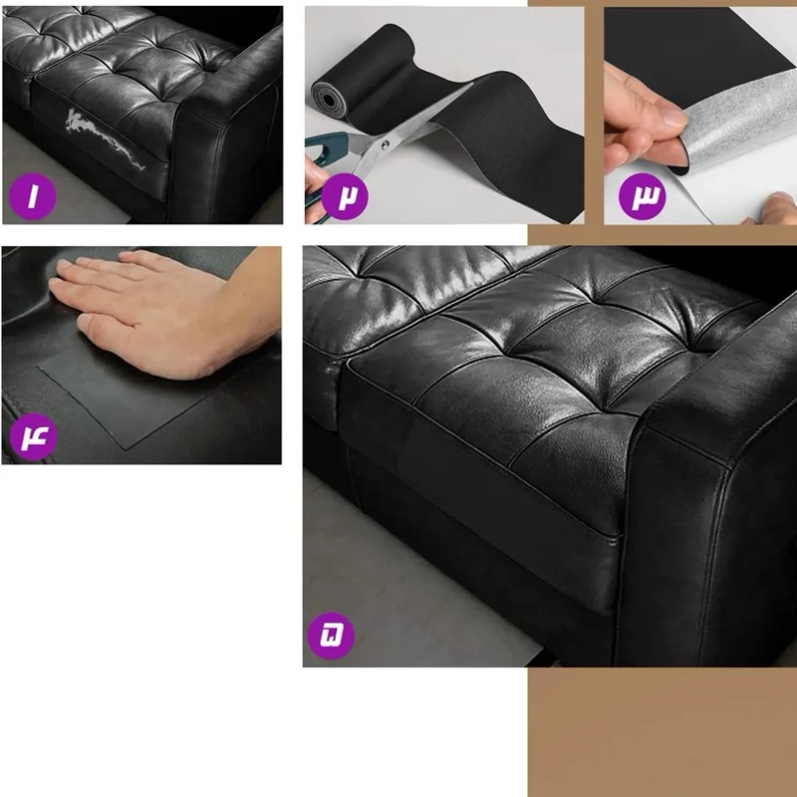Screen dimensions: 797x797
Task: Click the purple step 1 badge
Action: pyautogui.click(x=33, y=196)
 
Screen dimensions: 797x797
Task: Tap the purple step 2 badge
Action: pyautogui.click(x=345, y=196)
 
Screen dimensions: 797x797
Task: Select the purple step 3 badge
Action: pyautogui.click(x=642, y=196)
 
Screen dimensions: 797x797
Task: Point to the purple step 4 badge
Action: pyautogui.click(x=34, y=436)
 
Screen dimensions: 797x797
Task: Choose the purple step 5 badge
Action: pyautogui.click(x=331, y=636)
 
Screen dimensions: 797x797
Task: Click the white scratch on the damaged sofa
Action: pyautogui.click(x=105, y=137)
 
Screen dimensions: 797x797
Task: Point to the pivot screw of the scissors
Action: pyautogui.click(x=385, y=145)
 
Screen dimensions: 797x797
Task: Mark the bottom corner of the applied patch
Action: pyautogui.click(x=127, y=449)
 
